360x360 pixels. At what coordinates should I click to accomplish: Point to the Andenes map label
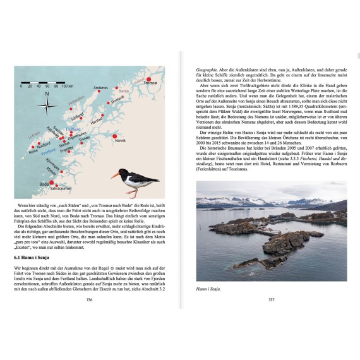101,88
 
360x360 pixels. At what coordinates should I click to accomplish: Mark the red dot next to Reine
33,145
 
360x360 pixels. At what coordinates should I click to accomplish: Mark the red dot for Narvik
114,136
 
